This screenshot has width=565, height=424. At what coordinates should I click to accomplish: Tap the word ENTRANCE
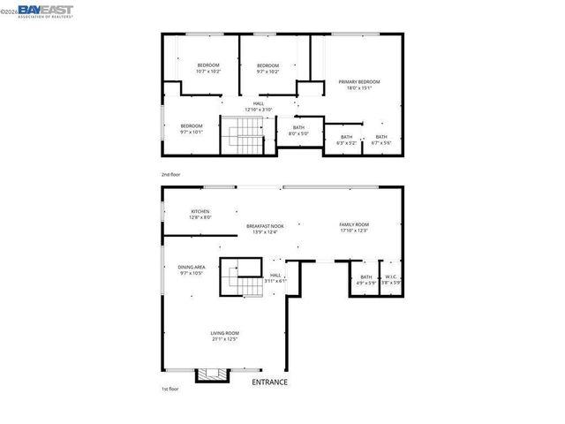(270, 382)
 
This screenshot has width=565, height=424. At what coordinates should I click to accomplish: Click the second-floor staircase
(244, 137)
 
